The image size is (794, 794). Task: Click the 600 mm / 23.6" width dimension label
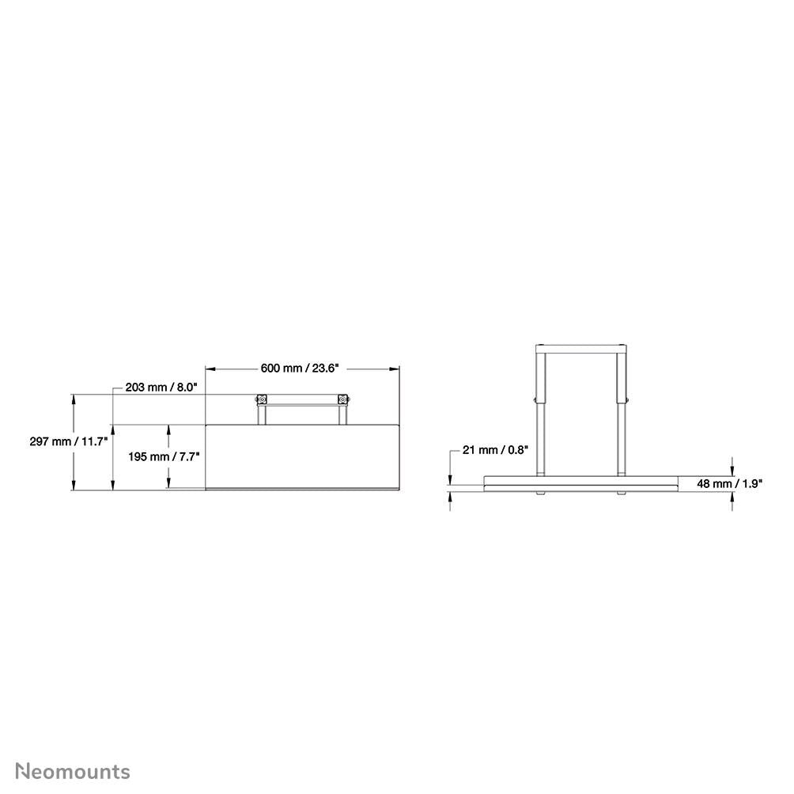[x=300, y=368]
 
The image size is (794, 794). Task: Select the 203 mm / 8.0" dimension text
[x=161, y=388]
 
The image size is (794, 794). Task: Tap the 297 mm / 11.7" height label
[x=68, y=441]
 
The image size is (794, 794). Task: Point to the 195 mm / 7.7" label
[x=164, y=456]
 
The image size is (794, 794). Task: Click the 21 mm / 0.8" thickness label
[x=495, y=450]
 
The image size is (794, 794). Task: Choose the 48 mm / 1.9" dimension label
[x=728, y=484]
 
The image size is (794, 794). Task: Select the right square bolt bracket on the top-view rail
[x=342, y=399]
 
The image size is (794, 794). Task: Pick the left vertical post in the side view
[x=542, y=411]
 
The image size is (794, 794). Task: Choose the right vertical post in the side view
[x=622, y=411]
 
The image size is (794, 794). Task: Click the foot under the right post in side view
[x=622, y=493]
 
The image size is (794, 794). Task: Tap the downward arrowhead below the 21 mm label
[x=450, y=480]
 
